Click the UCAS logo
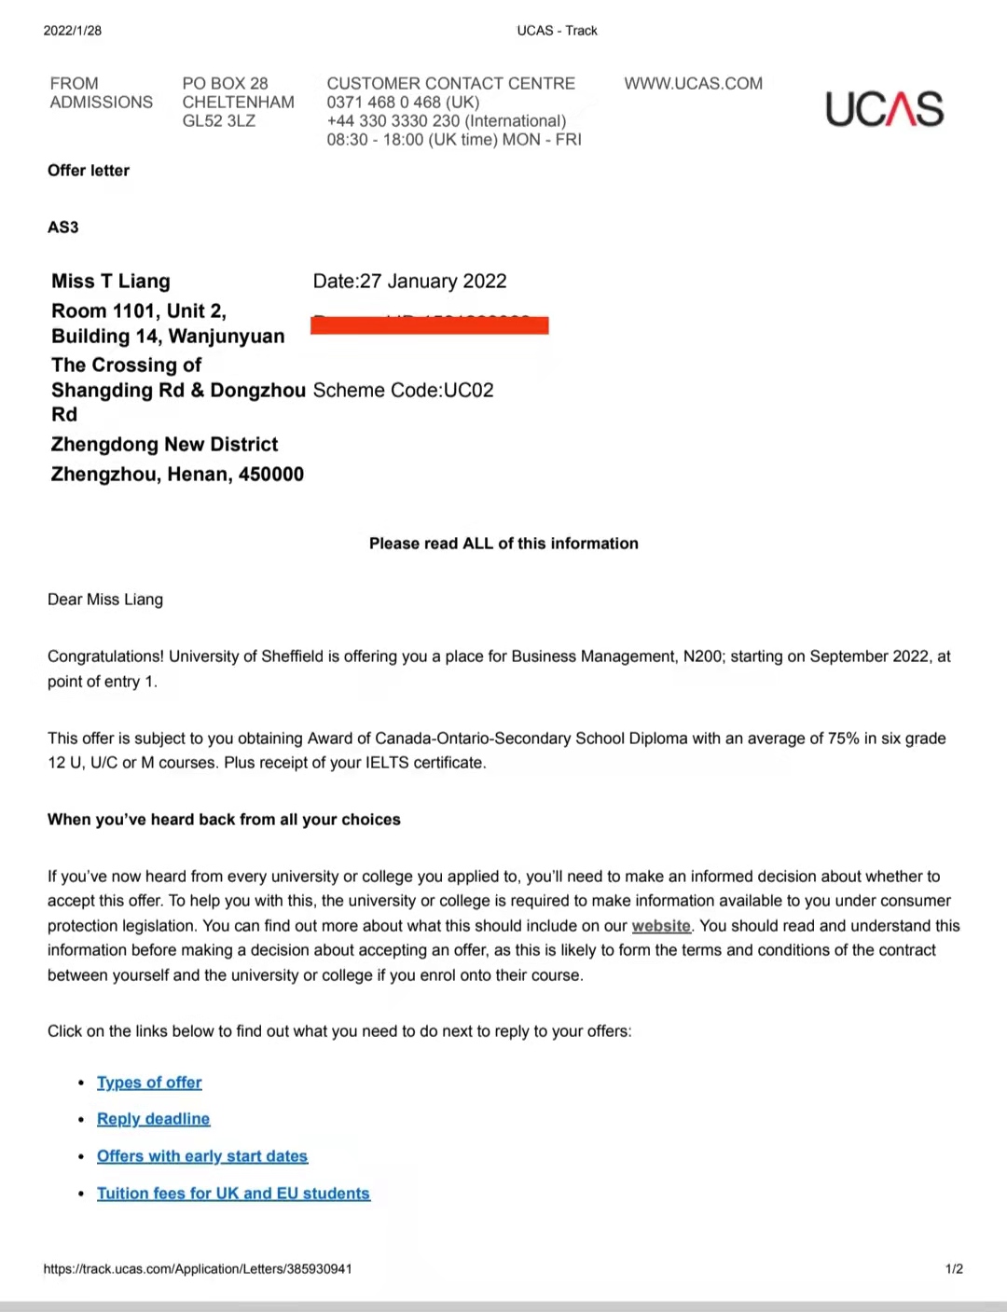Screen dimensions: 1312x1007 click(884, 109)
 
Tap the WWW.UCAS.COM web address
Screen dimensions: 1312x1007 click(693, 84)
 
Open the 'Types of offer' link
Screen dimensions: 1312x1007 click(149, 1083)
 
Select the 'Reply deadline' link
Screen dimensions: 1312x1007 click(153, 1119)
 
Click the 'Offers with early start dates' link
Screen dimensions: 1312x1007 click(202, 1156)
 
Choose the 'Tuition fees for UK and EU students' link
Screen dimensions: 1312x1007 click(233, 1194)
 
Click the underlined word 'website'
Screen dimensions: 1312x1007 click(661, 926)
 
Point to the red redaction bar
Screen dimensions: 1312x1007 click(429, 325)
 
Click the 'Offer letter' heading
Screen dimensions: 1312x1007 click(89, 171)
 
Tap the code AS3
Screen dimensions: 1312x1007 click(63, 228)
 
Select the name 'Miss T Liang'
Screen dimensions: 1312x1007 click(111, 282)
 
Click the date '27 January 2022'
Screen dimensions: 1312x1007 click(433, 282)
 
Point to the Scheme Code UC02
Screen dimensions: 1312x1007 click(403, 391)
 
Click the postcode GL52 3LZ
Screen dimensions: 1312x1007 click(218, 121)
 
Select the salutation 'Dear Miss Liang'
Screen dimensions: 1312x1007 click(105, 600)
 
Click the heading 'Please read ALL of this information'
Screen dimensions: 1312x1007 click(504, 544)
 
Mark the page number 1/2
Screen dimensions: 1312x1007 click(954, 1269)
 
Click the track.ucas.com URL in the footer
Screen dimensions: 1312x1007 click(198, 1269)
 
